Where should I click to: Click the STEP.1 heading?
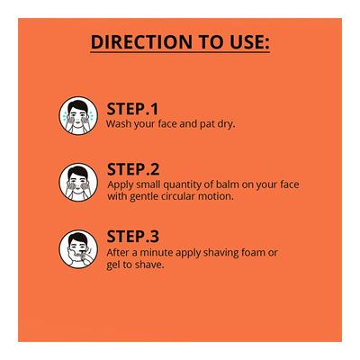[x=132, y=106]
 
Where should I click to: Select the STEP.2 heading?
[x=133, y=168]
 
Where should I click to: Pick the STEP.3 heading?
[x=133, y=237]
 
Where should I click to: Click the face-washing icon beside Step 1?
[x=78, y=115]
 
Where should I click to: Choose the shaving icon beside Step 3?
[x=78, y=248]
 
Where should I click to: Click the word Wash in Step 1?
[x=119, y=123]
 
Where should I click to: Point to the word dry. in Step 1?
[x=223, y=123]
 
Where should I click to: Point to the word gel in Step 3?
[x=114, y=265]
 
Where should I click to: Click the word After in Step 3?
[x=119, y=253]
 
